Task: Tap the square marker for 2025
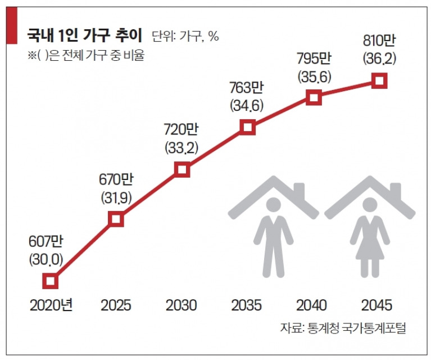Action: tap(116, 219)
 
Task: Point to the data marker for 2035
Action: tap(248, 127)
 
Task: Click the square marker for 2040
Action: tap(314, 98)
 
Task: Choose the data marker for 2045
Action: tap(380, 81)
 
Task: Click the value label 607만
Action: tap(45, 241)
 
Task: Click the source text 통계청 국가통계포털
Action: tap(356, 328)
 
